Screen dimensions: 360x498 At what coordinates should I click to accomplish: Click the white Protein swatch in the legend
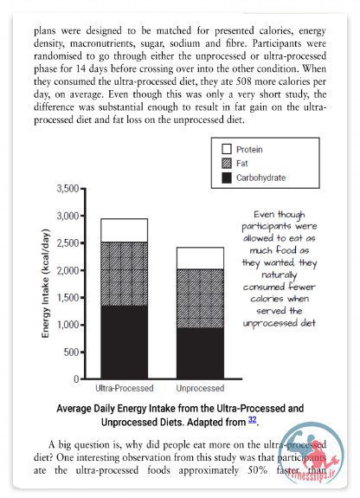point(227,149)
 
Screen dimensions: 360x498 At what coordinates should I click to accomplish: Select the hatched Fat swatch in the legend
point(227,163)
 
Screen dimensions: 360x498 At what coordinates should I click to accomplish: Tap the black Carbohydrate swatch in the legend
point(227,178)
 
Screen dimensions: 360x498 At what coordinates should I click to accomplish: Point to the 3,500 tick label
point(67,188)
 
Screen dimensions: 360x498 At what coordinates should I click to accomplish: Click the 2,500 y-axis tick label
point(67,243)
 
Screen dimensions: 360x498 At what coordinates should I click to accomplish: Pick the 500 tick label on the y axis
point(72,352)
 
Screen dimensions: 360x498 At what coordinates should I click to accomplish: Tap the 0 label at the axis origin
point(76,378)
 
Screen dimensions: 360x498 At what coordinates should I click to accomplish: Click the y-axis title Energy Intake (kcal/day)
point(46,283)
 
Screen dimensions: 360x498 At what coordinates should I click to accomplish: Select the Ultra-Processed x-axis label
point(125,388)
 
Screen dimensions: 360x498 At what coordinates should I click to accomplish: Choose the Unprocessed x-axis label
point(200,388)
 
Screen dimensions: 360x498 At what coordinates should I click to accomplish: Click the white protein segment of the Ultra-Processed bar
point(124,230)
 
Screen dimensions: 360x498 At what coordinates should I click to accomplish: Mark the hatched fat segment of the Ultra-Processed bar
point(124,274)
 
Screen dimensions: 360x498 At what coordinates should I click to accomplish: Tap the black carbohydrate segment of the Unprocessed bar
point(200,353)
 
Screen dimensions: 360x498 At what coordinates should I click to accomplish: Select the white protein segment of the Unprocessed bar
point(200,258)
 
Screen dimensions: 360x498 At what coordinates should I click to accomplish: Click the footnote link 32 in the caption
point(252,420)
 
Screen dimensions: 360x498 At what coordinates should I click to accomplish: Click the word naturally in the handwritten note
point(279,275)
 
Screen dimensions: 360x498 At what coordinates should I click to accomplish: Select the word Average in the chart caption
point(74,409)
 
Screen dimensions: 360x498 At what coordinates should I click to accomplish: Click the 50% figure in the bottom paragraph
point(258,470)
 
